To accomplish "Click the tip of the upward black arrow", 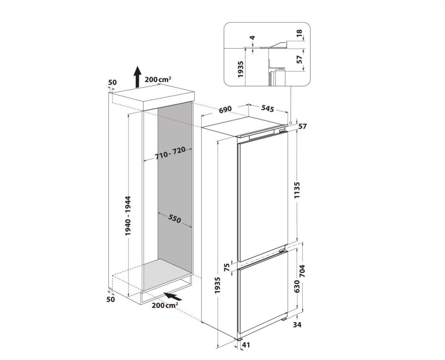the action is click(138, 66).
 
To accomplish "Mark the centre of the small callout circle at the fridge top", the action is click(291, 123).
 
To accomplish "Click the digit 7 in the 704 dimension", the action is click(302, 275).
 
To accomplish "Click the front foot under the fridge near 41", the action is click(239, 339).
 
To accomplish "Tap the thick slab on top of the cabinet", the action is click(152, 98).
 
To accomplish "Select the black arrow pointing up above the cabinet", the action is click(138, 77).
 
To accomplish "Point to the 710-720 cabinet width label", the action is click(170, 153).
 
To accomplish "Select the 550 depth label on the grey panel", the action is click(174, 218).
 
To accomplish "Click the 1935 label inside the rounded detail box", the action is click(241, 69).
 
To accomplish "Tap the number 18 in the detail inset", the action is click(299, 33).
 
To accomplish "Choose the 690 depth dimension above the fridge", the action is click(225, 109).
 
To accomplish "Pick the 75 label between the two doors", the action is click(227, 267).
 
